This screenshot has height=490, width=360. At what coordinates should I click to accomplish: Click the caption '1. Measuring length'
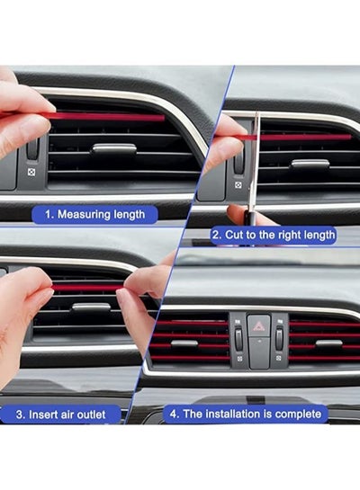click(94, 215)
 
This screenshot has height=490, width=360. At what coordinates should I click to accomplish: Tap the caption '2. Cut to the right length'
click(274, 235)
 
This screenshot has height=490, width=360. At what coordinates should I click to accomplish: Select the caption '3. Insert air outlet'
click(60, 414)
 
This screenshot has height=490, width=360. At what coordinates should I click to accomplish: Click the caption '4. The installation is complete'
click(246, 414)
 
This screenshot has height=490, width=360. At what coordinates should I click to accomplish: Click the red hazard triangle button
click(258, 326)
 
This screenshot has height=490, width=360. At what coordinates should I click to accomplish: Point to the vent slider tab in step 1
click(113, 148)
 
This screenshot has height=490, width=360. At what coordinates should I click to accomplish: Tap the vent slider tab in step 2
click(310, 164)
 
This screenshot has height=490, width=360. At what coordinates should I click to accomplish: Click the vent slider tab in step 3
click(91, 307)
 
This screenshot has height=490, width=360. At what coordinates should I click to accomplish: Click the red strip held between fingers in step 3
click(88, 288)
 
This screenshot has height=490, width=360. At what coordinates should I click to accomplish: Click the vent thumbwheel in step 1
click(32, 148)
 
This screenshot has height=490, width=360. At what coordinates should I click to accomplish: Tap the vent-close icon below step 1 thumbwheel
click(31, 172)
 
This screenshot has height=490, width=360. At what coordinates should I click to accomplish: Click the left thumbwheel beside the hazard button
click(238, 340)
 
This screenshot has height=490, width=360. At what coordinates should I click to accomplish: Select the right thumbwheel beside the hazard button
click(279, 338)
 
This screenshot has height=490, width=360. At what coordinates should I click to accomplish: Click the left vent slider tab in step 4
click(184, 343)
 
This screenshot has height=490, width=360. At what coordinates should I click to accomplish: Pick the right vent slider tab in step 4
click(329, 343)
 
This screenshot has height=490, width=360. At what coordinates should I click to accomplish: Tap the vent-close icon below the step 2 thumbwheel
click(238, 185)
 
